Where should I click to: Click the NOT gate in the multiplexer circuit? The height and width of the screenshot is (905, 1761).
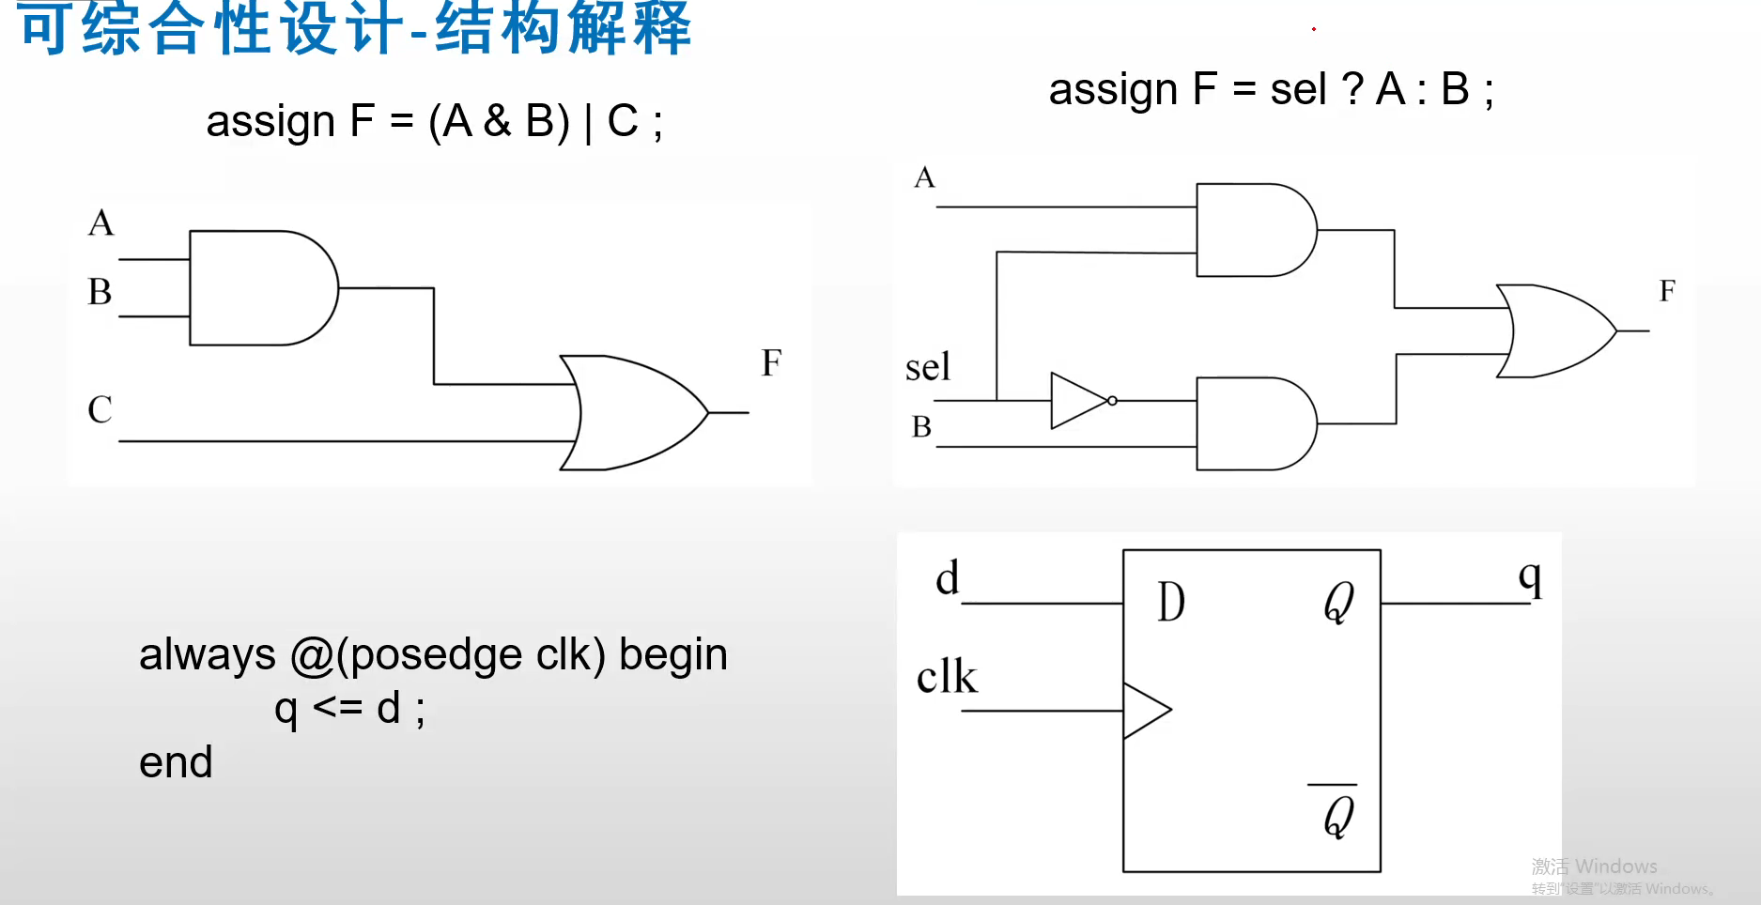1078,401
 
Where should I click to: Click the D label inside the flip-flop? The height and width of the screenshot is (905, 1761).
1171,602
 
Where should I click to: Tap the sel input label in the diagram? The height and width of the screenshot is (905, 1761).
928,367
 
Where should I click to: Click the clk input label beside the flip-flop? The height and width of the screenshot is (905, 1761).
947,677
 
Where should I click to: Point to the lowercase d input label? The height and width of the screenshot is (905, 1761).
948,577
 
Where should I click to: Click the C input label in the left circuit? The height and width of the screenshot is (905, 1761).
100,409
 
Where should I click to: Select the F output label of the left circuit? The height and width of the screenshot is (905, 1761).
771,362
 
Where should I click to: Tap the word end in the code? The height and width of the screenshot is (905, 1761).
176,762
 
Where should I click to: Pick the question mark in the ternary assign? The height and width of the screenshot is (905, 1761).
1352,90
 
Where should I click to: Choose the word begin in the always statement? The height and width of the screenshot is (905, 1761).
673,654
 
